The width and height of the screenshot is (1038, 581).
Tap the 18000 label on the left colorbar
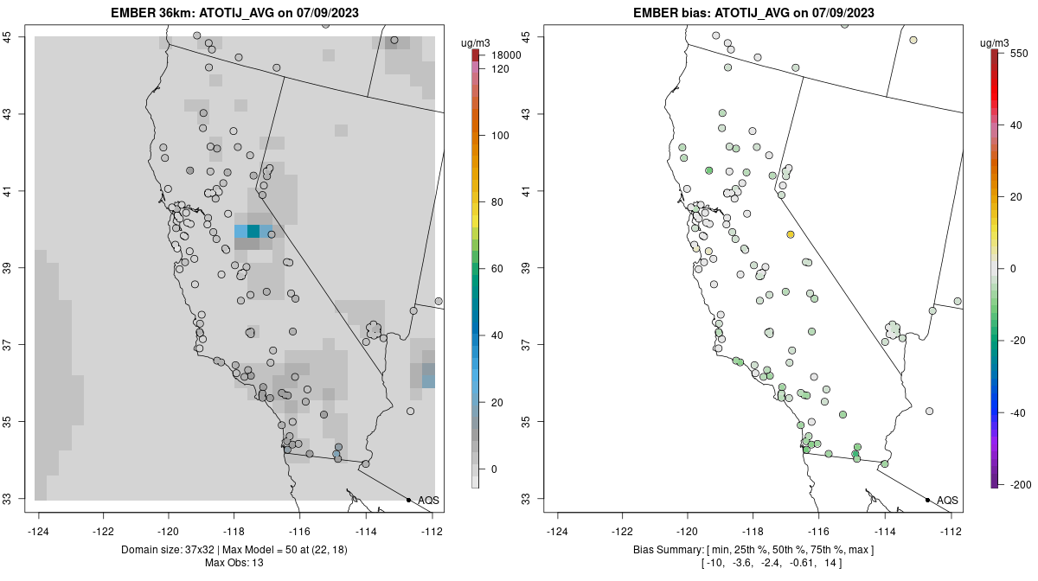[x=506, y=55]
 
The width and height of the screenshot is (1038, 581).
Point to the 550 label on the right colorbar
[x=1018, y=53]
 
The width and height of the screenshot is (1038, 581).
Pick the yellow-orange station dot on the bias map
[x=791, y=234]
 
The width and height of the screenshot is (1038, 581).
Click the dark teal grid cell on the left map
[x=253, y=231]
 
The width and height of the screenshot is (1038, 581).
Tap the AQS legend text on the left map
[x=428, y=500]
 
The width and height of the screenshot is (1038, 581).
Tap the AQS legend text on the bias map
[x=947, y=500]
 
